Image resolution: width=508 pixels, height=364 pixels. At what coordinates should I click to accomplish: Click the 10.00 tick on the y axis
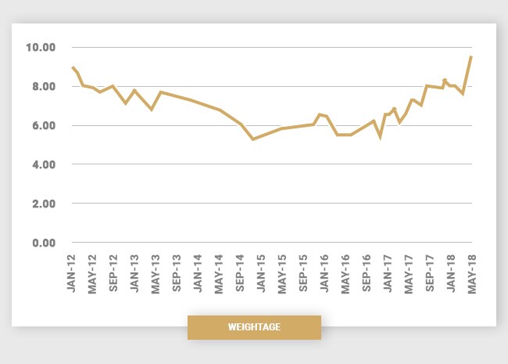point(40,47)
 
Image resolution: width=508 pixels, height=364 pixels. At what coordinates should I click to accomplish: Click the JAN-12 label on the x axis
point(72,273)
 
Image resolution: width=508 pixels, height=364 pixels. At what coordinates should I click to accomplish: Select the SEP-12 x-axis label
point(114,273)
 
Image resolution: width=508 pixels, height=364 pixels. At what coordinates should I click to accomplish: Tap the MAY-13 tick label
point(156,273)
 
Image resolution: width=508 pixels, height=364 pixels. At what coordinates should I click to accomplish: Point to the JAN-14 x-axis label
point(198,273)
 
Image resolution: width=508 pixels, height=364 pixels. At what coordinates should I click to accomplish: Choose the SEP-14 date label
point(240,273)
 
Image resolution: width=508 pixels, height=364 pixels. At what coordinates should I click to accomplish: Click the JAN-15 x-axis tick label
point(261,273)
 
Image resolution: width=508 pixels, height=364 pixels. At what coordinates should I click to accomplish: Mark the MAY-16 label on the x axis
point(345,273)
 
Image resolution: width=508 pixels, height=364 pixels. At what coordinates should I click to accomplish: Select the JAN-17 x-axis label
point(387,273)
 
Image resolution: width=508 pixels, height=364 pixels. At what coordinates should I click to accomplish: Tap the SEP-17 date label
point(429,273)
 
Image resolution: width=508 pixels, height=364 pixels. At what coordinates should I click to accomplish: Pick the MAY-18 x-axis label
point(471,273)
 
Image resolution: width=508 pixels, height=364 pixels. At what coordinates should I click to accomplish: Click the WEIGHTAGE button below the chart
point(254,327)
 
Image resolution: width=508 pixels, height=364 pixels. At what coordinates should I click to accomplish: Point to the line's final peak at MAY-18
point(471,56)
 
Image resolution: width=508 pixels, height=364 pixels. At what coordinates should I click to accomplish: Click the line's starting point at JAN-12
point(72,67)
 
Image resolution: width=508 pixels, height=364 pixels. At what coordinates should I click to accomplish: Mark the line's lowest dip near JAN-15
point(253,139)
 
